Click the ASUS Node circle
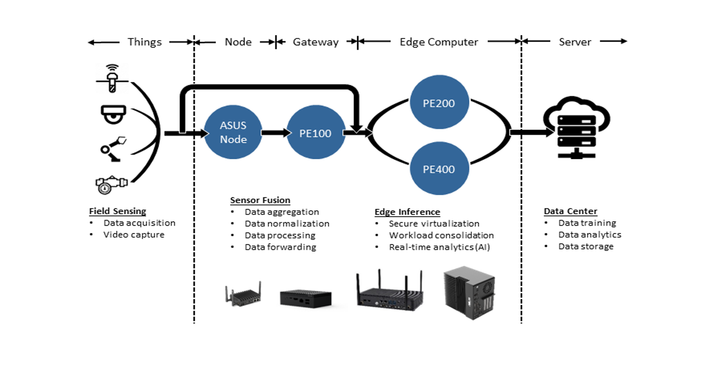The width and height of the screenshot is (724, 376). point(233,133)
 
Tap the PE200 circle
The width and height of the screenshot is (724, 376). point(439,103)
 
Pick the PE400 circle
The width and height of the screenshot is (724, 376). point(439,169)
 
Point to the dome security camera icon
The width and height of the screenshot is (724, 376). point(113,114)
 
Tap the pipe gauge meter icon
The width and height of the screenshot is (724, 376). point(111,183)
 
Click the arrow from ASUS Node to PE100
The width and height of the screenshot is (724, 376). point(274,133)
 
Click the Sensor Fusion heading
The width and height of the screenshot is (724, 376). point(260,200)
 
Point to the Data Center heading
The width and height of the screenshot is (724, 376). point(570,211)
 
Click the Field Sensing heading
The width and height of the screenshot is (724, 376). point(117,211)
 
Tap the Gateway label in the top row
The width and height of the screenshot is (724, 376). point(315,42)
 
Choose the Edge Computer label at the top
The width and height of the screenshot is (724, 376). point(439,42)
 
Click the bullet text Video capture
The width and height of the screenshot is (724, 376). point(134,235)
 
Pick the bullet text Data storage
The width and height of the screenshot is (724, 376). point(586,246)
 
